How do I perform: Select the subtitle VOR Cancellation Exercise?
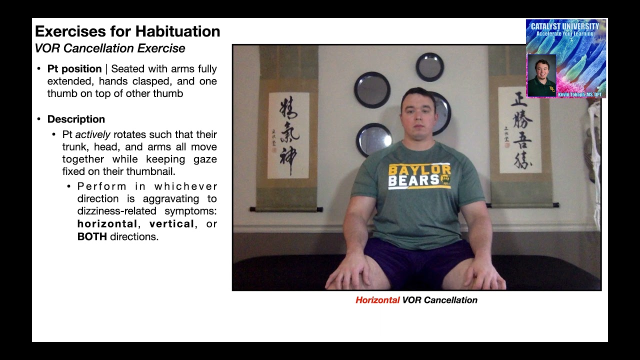coord(110,48)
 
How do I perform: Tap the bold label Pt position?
coord(74,69)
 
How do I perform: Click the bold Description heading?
coord(76,119)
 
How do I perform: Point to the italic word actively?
coord(92,134)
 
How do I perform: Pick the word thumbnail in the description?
coord(150,172)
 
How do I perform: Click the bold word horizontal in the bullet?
coord(107,224)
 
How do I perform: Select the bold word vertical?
coord(171,224)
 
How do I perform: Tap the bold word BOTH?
coord(92,236)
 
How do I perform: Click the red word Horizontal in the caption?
coord(377,300)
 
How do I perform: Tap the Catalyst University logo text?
coord(565,26)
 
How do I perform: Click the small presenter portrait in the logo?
coord(541,75)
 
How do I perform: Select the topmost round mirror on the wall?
coord(429,66)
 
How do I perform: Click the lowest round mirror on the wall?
coord(373,139)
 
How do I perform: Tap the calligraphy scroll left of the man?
coord(288,135)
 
